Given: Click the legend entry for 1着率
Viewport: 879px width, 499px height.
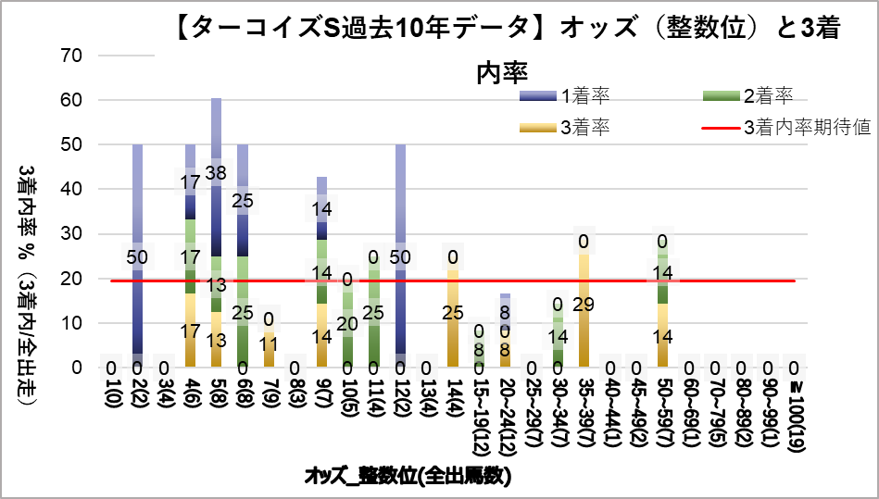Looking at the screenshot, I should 583,94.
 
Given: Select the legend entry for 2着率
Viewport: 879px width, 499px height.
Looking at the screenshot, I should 767,94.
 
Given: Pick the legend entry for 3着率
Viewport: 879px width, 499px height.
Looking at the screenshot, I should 583,127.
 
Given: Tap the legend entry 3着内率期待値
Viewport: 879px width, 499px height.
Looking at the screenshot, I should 805,127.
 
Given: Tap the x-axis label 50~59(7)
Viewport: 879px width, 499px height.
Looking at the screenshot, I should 662,413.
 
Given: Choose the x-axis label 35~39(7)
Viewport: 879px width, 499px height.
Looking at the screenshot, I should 584,413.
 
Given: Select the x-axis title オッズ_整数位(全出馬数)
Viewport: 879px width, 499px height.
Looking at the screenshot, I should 408,477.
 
